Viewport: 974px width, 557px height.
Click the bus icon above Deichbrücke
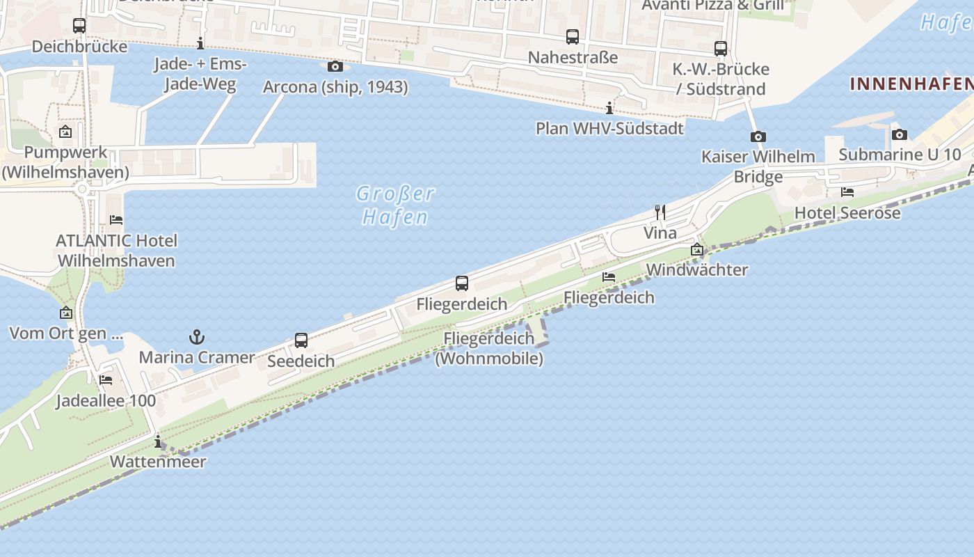(79, 26)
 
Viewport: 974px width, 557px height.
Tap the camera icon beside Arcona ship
(335, 66)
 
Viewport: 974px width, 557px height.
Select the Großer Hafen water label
(395, 205)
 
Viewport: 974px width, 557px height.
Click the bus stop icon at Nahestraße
(572, 36)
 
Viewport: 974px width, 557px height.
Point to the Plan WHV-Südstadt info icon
(609, 108)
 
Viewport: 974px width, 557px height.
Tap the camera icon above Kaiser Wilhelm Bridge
(758, 136)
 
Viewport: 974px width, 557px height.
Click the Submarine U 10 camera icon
(899, 134)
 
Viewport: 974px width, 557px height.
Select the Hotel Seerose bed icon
(847, 192)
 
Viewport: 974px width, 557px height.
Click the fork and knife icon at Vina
(660, 212)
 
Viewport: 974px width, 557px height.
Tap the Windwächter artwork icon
(697, 249)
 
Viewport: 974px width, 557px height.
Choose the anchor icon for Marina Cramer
(197, 338)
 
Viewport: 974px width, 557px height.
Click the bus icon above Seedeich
(301, 340)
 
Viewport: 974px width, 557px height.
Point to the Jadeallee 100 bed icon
(106, 380)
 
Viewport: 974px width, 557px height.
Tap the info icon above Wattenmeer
(158, 441)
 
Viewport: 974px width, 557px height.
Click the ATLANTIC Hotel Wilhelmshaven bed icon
(116, 220)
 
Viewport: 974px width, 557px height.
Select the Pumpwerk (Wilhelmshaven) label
(65, 162)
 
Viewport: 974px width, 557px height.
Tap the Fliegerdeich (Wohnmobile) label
(489, 348)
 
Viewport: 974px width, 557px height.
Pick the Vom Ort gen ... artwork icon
(66, 313)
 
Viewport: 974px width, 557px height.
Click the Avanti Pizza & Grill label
(712, 6)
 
